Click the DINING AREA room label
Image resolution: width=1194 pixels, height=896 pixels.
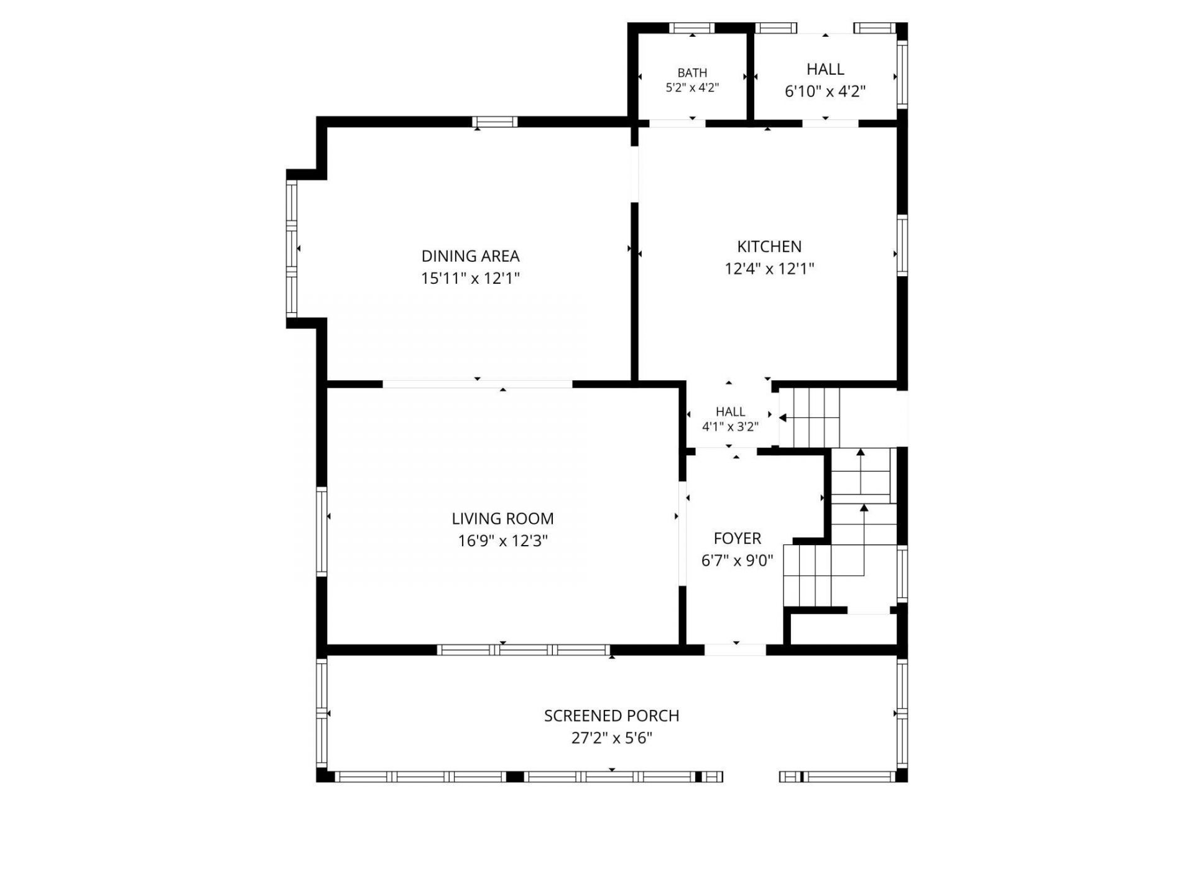pos(470,256)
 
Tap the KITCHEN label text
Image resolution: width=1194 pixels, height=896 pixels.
pos(769,246)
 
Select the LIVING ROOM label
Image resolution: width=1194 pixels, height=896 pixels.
pos(502,518)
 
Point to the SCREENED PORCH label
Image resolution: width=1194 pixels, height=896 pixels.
pos(611,716)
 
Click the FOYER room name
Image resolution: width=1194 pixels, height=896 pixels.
pos(738,538)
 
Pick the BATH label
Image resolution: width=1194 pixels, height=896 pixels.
pos(692,73)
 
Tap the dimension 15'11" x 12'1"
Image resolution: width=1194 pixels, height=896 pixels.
pos(470,278)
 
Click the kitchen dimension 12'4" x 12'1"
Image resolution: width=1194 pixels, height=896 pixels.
pos(769,269)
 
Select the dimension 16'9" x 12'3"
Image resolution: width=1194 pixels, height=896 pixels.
pos(502,541)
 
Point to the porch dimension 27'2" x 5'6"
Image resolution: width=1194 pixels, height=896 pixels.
pos(611,738)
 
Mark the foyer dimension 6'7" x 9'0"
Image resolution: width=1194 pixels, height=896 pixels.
pos(738,561)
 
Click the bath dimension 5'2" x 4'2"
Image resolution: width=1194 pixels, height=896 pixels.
pos(692,88)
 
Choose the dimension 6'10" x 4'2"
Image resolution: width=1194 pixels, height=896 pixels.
pos(825,91)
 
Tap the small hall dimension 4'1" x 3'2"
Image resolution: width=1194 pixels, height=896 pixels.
pos(730,427)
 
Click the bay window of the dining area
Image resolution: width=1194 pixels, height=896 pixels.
pos(292,248)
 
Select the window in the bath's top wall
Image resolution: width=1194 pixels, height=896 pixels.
pos(692,28)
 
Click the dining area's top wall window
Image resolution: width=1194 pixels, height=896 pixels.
pos(494,122)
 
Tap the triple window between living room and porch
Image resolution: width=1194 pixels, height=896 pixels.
pos(524,650)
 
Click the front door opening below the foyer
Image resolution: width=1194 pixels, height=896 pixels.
pos(735,650)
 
